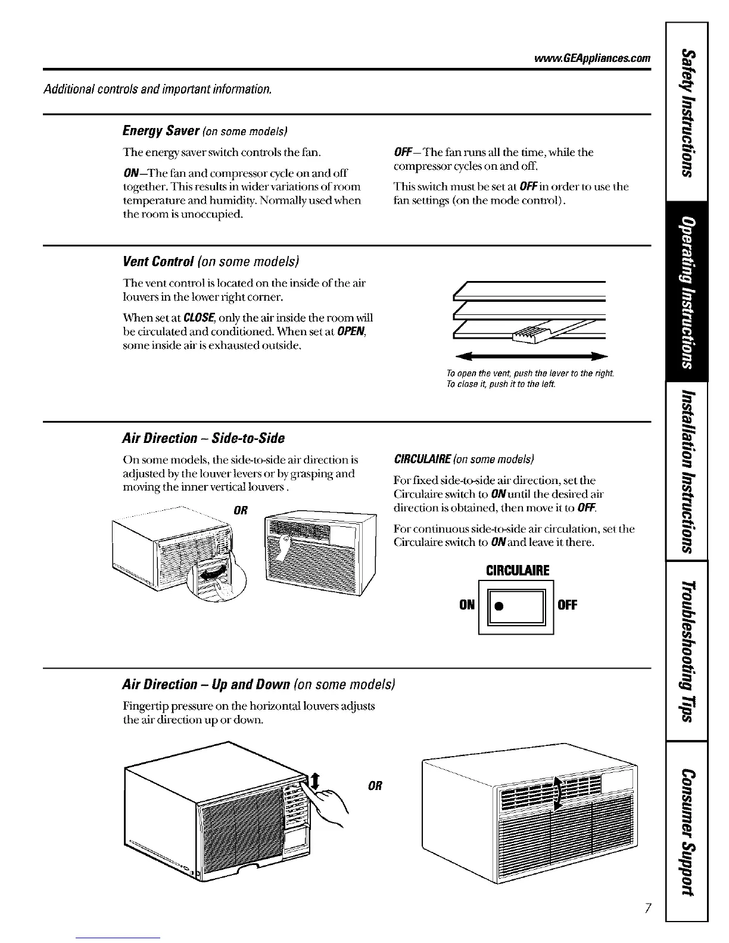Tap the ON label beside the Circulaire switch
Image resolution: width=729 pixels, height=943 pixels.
466,605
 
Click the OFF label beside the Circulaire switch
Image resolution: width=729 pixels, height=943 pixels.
567,605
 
